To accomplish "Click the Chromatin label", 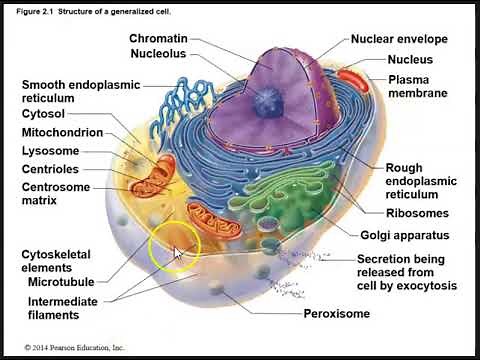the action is coord(158,38).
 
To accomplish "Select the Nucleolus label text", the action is coord(158,53).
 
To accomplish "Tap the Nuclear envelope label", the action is coord(399,40).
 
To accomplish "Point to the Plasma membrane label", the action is coord(417,86).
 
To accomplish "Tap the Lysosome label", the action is coord(51,151).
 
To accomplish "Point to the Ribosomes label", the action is coord(417,213).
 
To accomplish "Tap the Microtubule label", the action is coord(61,283).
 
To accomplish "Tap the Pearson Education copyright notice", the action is coord(66,347).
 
